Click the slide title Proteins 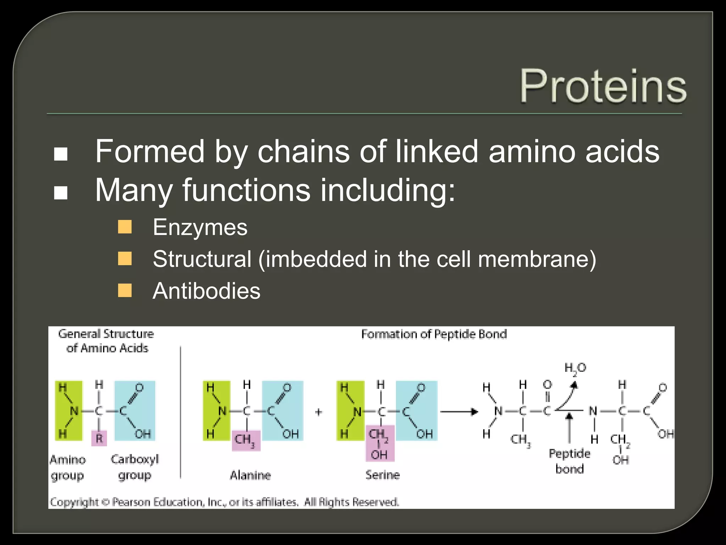603,86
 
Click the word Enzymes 200,227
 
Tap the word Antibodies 206,291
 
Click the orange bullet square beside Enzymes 125,227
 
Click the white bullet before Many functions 61,193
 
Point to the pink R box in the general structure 99,438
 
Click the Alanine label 250,475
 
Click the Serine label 382,475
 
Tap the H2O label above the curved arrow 575,368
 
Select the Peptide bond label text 569,461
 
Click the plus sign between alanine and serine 318,412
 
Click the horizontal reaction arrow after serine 459,412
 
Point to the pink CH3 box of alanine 246,440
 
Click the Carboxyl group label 135,467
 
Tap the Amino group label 68,467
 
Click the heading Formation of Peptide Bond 434,334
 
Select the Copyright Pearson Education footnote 224,502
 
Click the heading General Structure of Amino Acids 106,341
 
